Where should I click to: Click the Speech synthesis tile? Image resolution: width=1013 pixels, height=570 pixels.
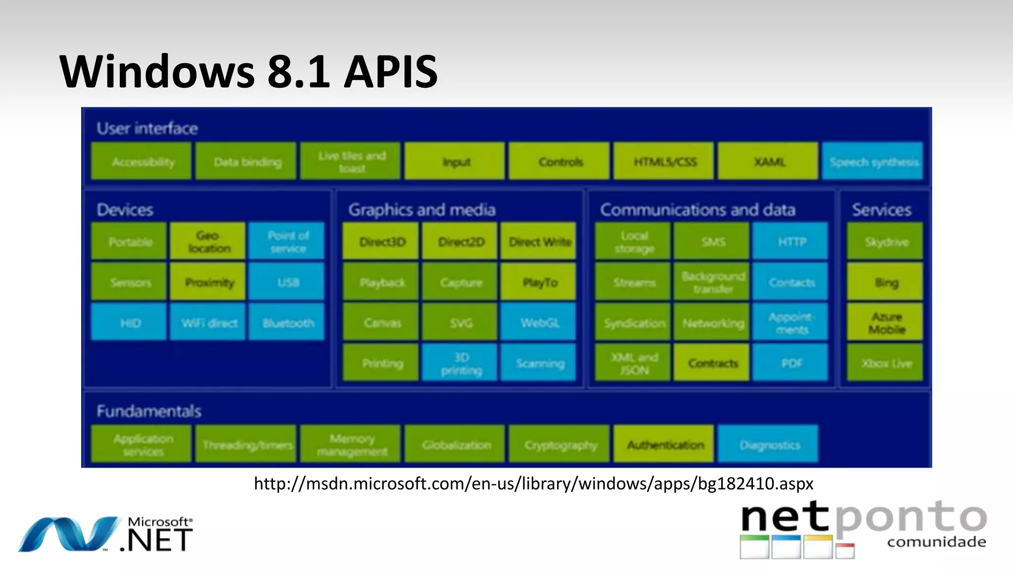click(873, 161)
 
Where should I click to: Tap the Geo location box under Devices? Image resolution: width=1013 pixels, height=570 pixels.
click(208, 241)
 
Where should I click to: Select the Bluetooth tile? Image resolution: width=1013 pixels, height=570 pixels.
click(287, 323)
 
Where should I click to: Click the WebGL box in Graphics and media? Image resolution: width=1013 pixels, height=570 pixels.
click(539, 323)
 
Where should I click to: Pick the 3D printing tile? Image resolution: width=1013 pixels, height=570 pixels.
click(460, 363)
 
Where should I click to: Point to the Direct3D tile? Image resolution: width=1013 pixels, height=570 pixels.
click(381, 241)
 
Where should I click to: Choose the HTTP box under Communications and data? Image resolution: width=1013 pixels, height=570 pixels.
click(791, 241)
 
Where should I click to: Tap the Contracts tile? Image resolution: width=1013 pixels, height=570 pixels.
click(712, 363)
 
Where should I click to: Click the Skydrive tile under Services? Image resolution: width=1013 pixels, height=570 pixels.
click(885, 241)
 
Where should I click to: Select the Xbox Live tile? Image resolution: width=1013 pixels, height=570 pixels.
click(885, 363)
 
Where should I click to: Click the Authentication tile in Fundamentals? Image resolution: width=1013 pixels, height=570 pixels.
click(664, 444)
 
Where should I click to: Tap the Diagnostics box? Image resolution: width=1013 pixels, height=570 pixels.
click(769, 444)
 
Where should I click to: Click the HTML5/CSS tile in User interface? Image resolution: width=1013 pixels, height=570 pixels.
click(664, 161)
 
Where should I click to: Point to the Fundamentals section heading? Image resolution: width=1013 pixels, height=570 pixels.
click(148, 411)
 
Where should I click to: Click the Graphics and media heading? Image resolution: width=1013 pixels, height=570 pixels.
click(421, 209)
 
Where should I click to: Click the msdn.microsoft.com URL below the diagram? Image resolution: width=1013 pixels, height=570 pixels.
click(533, 483)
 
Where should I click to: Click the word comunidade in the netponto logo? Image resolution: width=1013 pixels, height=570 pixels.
click(936, 542)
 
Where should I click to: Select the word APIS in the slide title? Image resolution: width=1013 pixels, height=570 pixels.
click(391, 72)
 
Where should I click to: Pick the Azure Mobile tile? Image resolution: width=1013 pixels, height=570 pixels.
click(885, 323)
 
